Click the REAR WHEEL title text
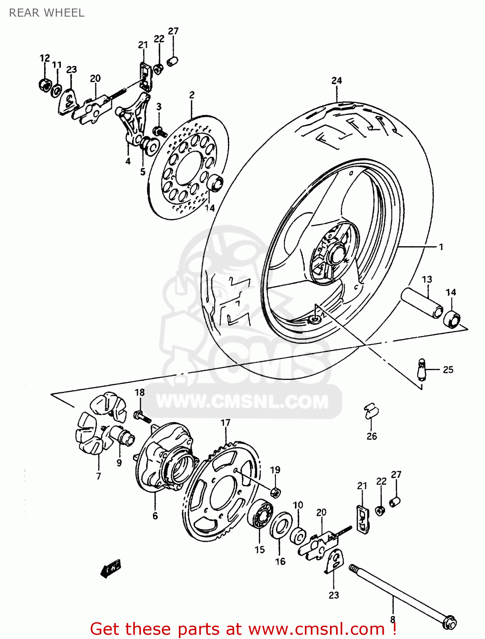point(46,13)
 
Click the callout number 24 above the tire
point(336,81)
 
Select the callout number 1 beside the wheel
point(441,247)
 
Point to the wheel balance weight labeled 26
point(370,411)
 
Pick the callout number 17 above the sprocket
point(225,423)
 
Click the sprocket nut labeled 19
point(276,492)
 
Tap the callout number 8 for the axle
point(393,619)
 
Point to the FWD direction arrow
point(111,568)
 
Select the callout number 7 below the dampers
point(98,476)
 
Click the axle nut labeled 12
point(44,84)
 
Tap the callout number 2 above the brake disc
point(192,95)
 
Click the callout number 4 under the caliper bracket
point(128,161)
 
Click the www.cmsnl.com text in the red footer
point(316,629)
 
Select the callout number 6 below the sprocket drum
point(155,516)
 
